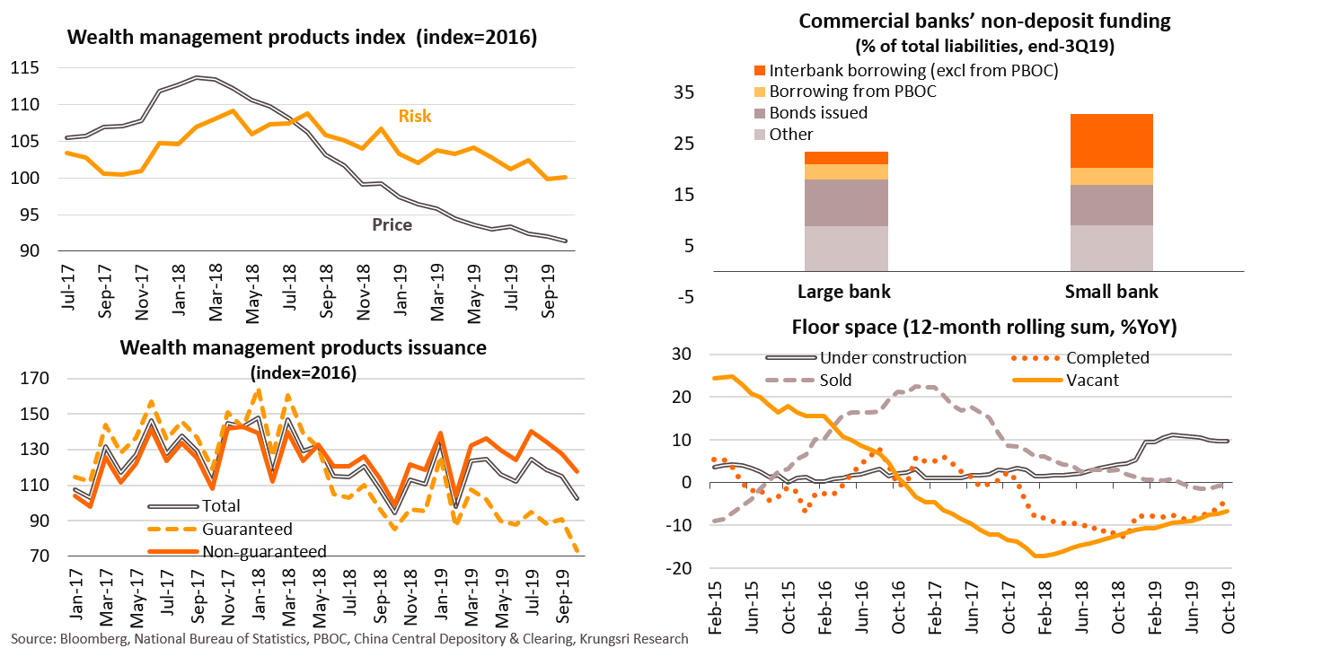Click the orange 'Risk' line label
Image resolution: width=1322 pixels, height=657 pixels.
pos(415,116)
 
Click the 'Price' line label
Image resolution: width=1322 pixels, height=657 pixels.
pos(392,224)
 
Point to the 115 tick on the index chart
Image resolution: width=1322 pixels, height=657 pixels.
pos(26,68)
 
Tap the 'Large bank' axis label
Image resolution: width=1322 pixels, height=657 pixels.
pos(844,292)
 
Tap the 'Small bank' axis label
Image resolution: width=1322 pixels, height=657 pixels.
pos(1112,292)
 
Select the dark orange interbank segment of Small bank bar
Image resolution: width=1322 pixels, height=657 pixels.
pos(1112,141)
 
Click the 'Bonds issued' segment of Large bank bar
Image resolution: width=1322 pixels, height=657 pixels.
pos(846,203)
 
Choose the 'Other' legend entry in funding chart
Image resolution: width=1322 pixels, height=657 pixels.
pos(791,135)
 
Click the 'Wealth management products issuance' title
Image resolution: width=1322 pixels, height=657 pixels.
pos(303,348)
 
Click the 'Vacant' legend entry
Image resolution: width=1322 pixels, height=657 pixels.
pos(1092,380)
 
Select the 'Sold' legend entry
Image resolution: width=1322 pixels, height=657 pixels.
pos(835,380)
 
